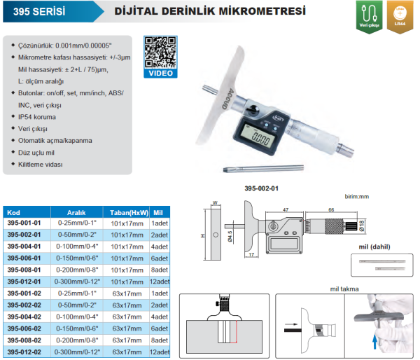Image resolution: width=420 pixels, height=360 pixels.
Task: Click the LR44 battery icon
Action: (x=400, y=13)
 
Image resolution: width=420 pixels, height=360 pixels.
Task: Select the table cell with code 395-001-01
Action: (x=25, y=222)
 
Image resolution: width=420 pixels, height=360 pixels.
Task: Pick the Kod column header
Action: (x=13, y=211)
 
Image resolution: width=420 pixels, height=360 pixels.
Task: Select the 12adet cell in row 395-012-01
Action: (x=161, y=280)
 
